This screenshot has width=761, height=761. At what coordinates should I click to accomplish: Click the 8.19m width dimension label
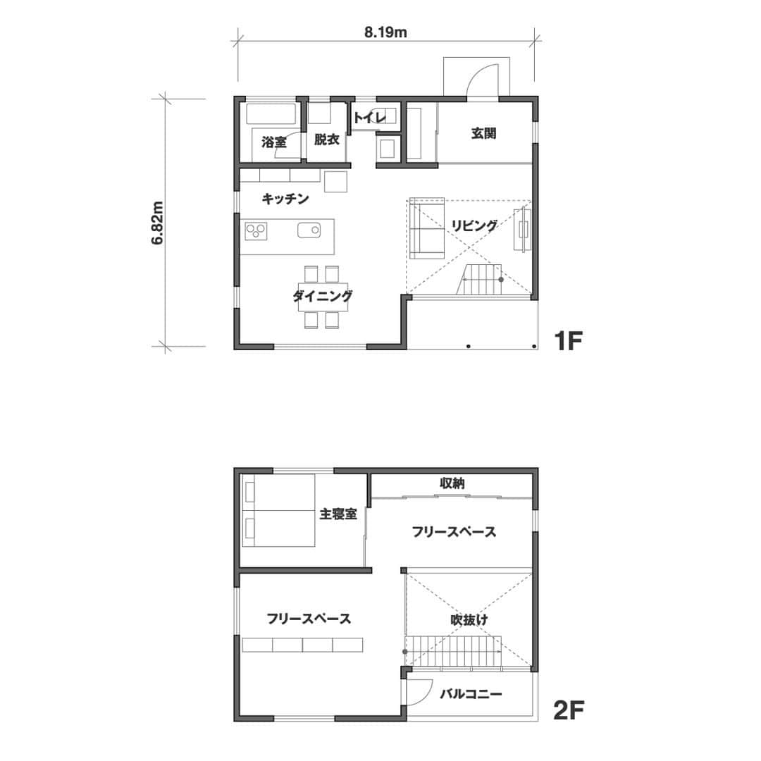click(x=385, y=33)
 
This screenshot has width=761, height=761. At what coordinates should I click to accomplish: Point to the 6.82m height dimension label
click(x=157, y=223)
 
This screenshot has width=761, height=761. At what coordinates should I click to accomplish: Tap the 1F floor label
click(x=569, y=341)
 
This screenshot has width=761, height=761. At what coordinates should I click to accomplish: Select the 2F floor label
click(x=569, y=711)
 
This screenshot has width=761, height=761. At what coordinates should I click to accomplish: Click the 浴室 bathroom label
click(x=273, y=142)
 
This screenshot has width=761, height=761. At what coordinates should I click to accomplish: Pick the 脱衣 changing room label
click(x=327, y=140)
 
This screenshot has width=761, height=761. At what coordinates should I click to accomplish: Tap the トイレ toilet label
click(x=369, y=117)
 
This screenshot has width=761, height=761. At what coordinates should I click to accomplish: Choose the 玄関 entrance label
click(x=483, y=133)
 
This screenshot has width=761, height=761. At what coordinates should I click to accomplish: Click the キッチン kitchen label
click(x=285, y=199)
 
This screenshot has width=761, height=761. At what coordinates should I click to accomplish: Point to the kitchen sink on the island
click(x=309, y=230)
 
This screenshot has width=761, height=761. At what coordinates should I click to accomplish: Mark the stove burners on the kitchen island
click(x=256, y=231)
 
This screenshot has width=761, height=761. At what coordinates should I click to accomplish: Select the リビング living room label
click(x=475, y=225)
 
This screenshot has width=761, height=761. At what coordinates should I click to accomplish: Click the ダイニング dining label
click(x=323, y=295)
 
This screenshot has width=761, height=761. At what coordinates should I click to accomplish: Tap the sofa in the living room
click(x=427, y=228)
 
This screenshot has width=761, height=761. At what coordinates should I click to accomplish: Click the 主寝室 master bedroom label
click(x=338, y=514)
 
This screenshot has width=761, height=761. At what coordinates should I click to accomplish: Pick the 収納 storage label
click(x=452, y=483)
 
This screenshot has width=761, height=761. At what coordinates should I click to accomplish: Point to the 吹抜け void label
click(x=469, y=620)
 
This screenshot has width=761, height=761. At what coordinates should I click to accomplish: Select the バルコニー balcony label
click(x=471, y=694)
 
